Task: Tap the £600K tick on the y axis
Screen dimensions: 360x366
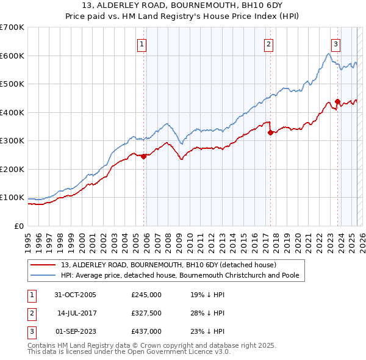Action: point(12,56)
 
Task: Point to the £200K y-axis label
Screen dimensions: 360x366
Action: point(12,169)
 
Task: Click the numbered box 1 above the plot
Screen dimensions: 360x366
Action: point(142,43)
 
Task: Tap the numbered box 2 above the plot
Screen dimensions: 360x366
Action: point(268,43)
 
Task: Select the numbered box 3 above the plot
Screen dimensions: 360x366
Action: point(335,43)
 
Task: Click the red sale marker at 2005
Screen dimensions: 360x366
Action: point(144,156)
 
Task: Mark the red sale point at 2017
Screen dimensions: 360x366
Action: point(270,133)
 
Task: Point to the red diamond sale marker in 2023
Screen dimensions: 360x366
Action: point(337,102)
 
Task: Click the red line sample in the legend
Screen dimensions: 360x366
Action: point(43,265)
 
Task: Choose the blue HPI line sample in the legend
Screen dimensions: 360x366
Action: point(43,275)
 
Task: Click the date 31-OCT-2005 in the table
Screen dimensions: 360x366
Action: point(75,295)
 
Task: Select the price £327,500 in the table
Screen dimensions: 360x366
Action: point(146,313)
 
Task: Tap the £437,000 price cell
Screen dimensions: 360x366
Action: point(146,331)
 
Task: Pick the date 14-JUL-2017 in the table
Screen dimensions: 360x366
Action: point(75,313)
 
